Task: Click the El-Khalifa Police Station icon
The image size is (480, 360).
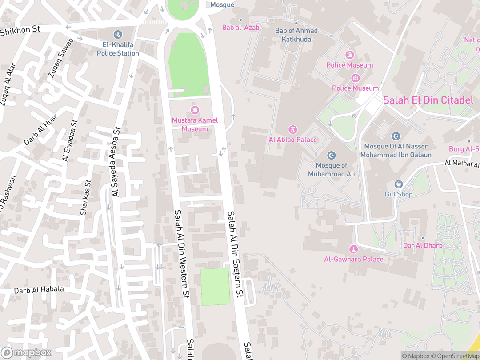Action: point(118,34)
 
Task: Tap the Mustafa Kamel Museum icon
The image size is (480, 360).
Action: point(195,110)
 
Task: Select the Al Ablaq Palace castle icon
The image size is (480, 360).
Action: point(293,129)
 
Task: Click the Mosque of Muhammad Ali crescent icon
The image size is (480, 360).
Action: point(331,155)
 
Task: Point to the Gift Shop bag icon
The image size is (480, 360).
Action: point(399,184)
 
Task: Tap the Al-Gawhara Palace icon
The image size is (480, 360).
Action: point(354,249)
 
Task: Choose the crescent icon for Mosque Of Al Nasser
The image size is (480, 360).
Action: point(396,136)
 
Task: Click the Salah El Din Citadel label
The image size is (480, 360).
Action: point(428,100)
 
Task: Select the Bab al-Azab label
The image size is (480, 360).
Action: point(240,28)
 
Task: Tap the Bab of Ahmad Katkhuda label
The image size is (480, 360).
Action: point(296,35)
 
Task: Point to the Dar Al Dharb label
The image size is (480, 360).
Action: point(422,245)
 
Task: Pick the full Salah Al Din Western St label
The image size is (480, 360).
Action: point(182,254)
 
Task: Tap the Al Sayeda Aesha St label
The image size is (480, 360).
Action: point(116,162)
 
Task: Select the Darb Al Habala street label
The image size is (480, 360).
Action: point(39,290)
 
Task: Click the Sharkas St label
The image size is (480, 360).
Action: point(85,198)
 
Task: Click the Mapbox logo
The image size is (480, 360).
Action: point(26,352)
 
